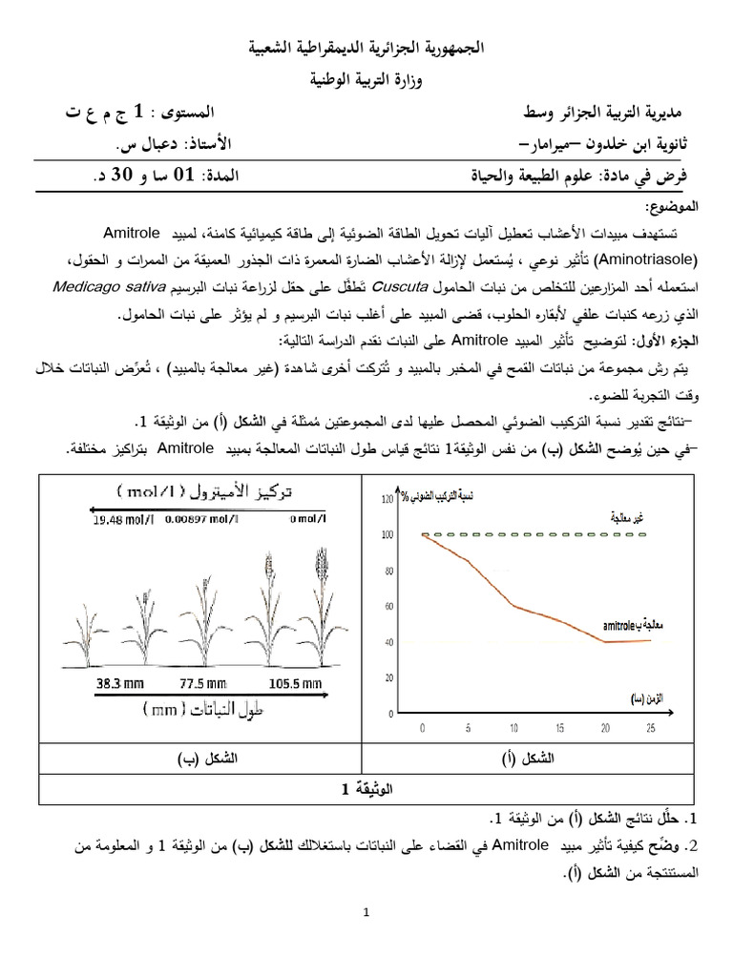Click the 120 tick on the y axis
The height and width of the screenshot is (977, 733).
[x=387, y=498]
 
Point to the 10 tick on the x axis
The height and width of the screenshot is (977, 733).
[x=514, y=727]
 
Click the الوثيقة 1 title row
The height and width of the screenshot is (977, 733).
[x=366, y=789]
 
